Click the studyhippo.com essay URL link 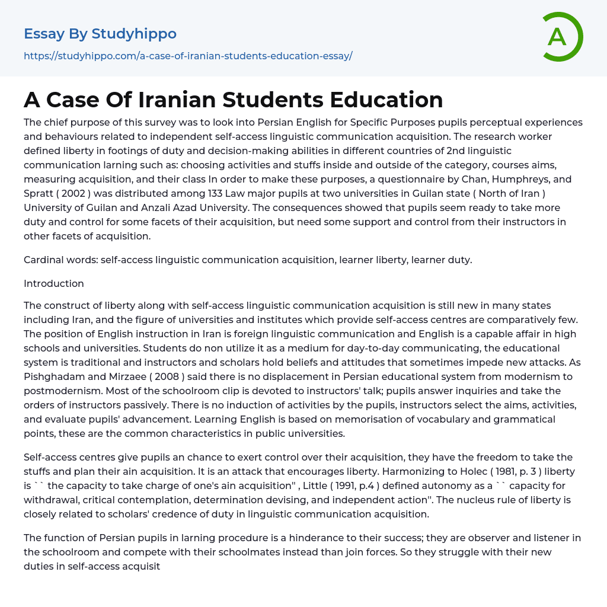[188, 56]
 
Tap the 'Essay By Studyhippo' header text [100, 34]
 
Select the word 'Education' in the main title [386, 100]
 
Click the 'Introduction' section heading [54, 283]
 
